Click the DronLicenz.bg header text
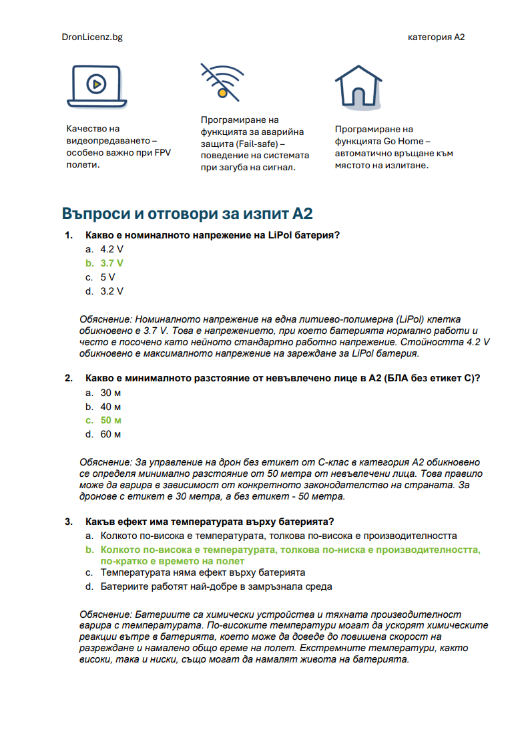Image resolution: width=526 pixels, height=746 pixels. tap(91, 37)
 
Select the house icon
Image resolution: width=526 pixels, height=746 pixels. tap(358, 86)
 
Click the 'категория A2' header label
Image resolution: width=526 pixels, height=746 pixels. tap(436, 37)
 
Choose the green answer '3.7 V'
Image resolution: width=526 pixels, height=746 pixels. tap(111, 263)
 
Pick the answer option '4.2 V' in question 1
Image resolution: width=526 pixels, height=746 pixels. tap(111, 249)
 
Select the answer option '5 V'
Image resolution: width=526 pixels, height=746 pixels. tap(107, 277)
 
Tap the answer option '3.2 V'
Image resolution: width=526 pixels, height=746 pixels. tap(111, 291)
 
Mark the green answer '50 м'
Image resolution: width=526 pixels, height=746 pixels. tap(111, 420)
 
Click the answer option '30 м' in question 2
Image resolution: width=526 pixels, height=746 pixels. tap(111, 392)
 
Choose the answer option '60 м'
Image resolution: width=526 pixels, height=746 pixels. tap(111, 434)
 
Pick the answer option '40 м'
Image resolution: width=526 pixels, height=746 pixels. tap(111, 406)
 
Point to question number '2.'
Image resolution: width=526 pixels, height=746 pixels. tap(68, 378)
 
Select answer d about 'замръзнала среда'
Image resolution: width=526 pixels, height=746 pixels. tap(216, 586)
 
